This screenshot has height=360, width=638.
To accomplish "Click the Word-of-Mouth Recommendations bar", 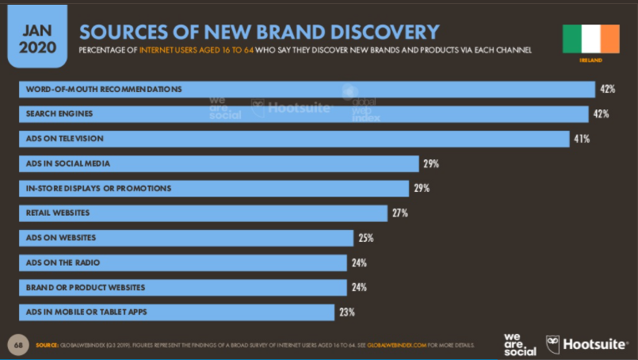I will [x=306, y=89].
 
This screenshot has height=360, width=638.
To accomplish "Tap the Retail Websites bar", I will [x=202, y=213].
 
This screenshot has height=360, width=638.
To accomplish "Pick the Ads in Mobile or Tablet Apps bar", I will [x=176, y=312].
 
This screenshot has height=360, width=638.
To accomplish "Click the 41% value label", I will [x=582, y=139].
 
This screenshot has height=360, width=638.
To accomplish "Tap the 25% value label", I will [x=365, y=238].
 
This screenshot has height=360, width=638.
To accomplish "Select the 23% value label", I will [x=346, y=312].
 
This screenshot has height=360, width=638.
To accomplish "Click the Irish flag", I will [x=590, y=37].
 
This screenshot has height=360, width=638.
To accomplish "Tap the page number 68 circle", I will [x=18, y=345].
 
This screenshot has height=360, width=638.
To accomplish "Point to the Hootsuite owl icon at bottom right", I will [x=552, y=344].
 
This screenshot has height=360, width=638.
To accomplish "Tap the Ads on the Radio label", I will [x=63, y=262].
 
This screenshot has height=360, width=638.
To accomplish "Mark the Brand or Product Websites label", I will [x=85, y=287].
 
